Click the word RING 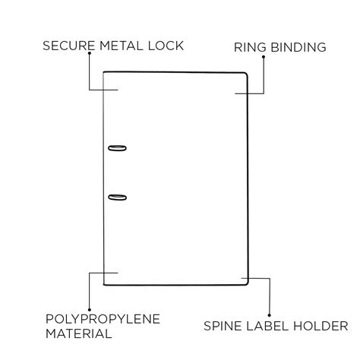(249, 47)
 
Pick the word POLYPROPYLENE (103, 318)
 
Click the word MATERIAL (79, 333)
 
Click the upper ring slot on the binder (117, 148)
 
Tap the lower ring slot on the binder (117, 197)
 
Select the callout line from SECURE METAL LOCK (90, 72)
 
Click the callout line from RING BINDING (264, 76)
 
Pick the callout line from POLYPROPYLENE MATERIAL (90, 289)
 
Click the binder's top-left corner (104, 73)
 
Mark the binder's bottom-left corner (104, 285)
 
